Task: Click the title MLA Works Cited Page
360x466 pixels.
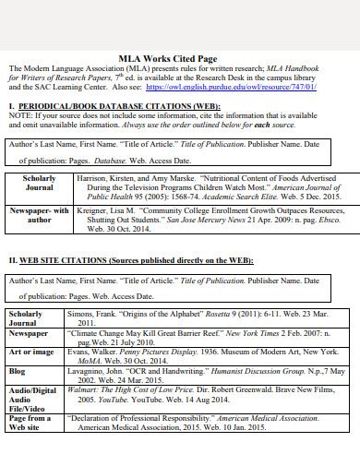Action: [179, 56]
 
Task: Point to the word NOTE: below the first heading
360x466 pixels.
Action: [19, 117]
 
